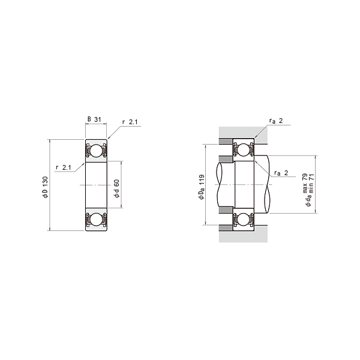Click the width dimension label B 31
(94, 119)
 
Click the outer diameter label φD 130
(45, 187)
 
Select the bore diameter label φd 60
(116, 188)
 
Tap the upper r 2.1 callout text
(130, 122)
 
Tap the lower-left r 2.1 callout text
(64, 167)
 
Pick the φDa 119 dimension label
(202, 187)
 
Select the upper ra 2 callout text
(276, 121)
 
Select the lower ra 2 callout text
(281, 173)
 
